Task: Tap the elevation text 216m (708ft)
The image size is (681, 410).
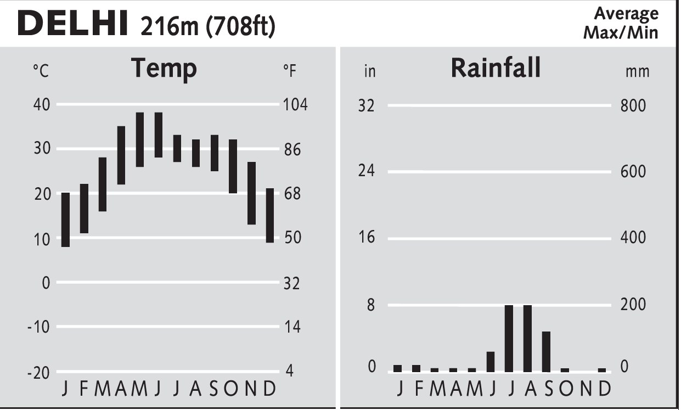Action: coord(207,26)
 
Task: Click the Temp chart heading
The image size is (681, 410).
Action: coord(164,69)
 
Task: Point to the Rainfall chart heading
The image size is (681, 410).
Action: coord(496,68)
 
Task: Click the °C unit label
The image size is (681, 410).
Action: coord(41,71)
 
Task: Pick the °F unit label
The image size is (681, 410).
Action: coord(290,71)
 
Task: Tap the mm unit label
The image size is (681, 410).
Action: coord(637,71)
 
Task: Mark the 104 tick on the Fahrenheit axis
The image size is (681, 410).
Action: coord(295,104)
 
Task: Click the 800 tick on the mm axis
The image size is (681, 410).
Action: coord(633,105)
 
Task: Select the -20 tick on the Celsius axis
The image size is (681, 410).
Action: coord(38,372)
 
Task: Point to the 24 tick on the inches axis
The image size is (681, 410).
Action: coord(366,171)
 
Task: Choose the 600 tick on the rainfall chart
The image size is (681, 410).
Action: coord(633,172)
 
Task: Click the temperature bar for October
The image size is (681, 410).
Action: coord(233,166)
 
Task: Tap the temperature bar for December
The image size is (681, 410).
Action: coord(270,215)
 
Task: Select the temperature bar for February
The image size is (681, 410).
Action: coord(84,209)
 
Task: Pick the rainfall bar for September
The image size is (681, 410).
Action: coord(546,352)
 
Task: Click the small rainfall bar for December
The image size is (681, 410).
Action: coord(602,370)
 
